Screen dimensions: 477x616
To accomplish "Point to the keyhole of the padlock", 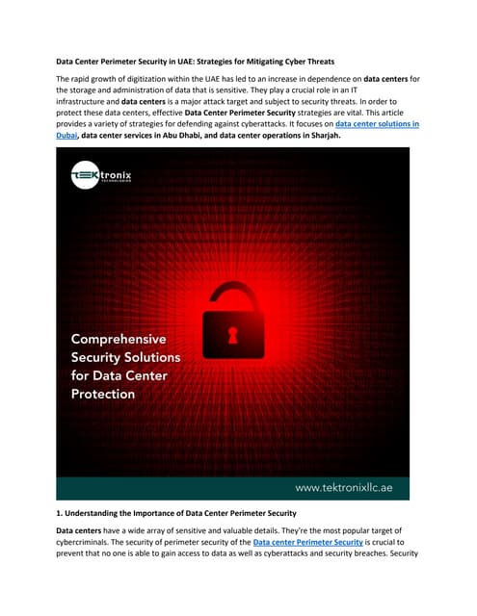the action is tap(232, 332).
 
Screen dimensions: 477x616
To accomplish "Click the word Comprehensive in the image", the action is tap(119, 340).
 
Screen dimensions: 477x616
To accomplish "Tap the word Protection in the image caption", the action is tap(104, 395).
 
